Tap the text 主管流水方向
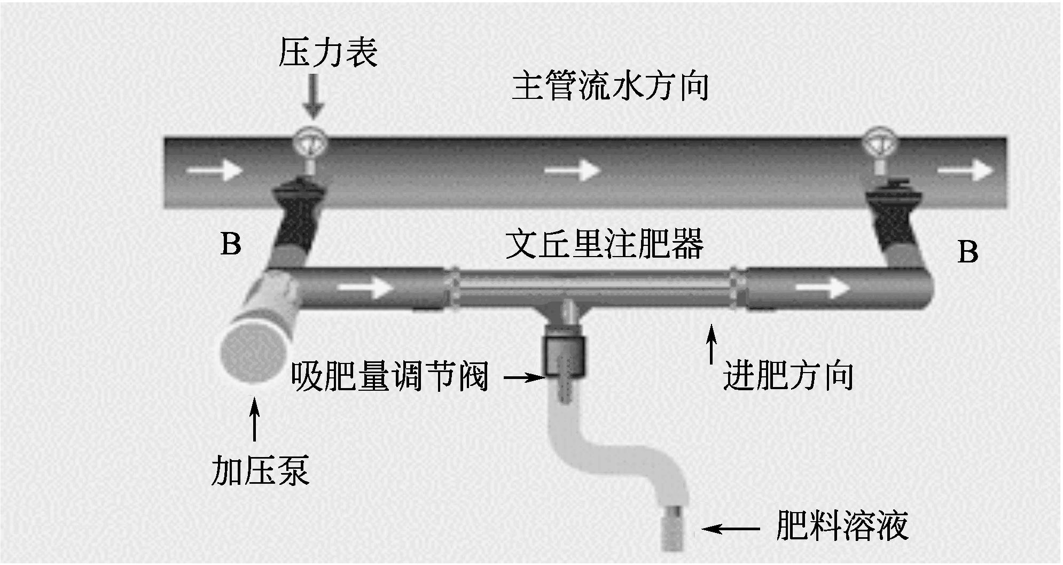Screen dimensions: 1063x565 pyautogui.click(x=610, y=87)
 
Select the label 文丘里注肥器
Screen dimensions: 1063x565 pyautogui.click(x=604, y=244)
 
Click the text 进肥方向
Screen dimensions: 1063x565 pyautogui.click(x=788, y=376)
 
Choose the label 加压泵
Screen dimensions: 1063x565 pyautogui.click(x=260, y=470)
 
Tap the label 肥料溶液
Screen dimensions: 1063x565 pyautogui.click(x=842, y=526)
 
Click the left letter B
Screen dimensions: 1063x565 pyautogui.click(x=231, y=244)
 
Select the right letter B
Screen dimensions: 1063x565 pyautogui.click(x=968, y=252)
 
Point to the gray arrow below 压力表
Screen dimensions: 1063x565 pyautogui.click(x=314, y=96)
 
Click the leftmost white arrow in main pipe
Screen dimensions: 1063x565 pyautogui.click(x=215, y=171)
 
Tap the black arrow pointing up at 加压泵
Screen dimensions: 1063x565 pyautogui.click(x=255, y=419)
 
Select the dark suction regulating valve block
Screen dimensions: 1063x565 pyautogui.click(x=565, y=355)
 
